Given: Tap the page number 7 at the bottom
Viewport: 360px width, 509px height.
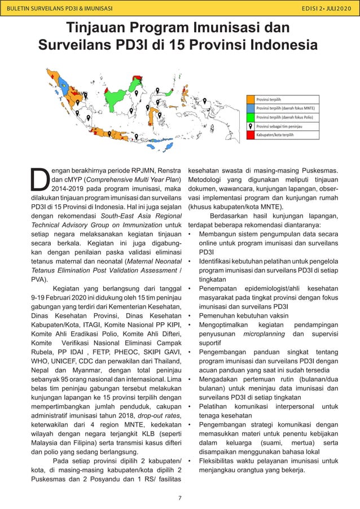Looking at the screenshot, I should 179,497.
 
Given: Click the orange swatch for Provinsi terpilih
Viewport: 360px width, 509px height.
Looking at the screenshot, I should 251,99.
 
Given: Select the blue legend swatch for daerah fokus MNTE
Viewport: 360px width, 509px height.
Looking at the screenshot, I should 251,108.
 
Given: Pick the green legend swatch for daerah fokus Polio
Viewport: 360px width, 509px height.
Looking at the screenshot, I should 251,117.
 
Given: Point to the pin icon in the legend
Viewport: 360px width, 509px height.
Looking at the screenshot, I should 251,126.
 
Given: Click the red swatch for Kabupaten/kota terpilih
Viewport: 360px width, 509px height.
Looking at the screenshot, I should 251,135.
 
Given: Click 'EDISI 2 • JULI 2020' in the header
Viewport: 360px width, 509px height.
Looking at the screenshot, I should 326,8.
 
